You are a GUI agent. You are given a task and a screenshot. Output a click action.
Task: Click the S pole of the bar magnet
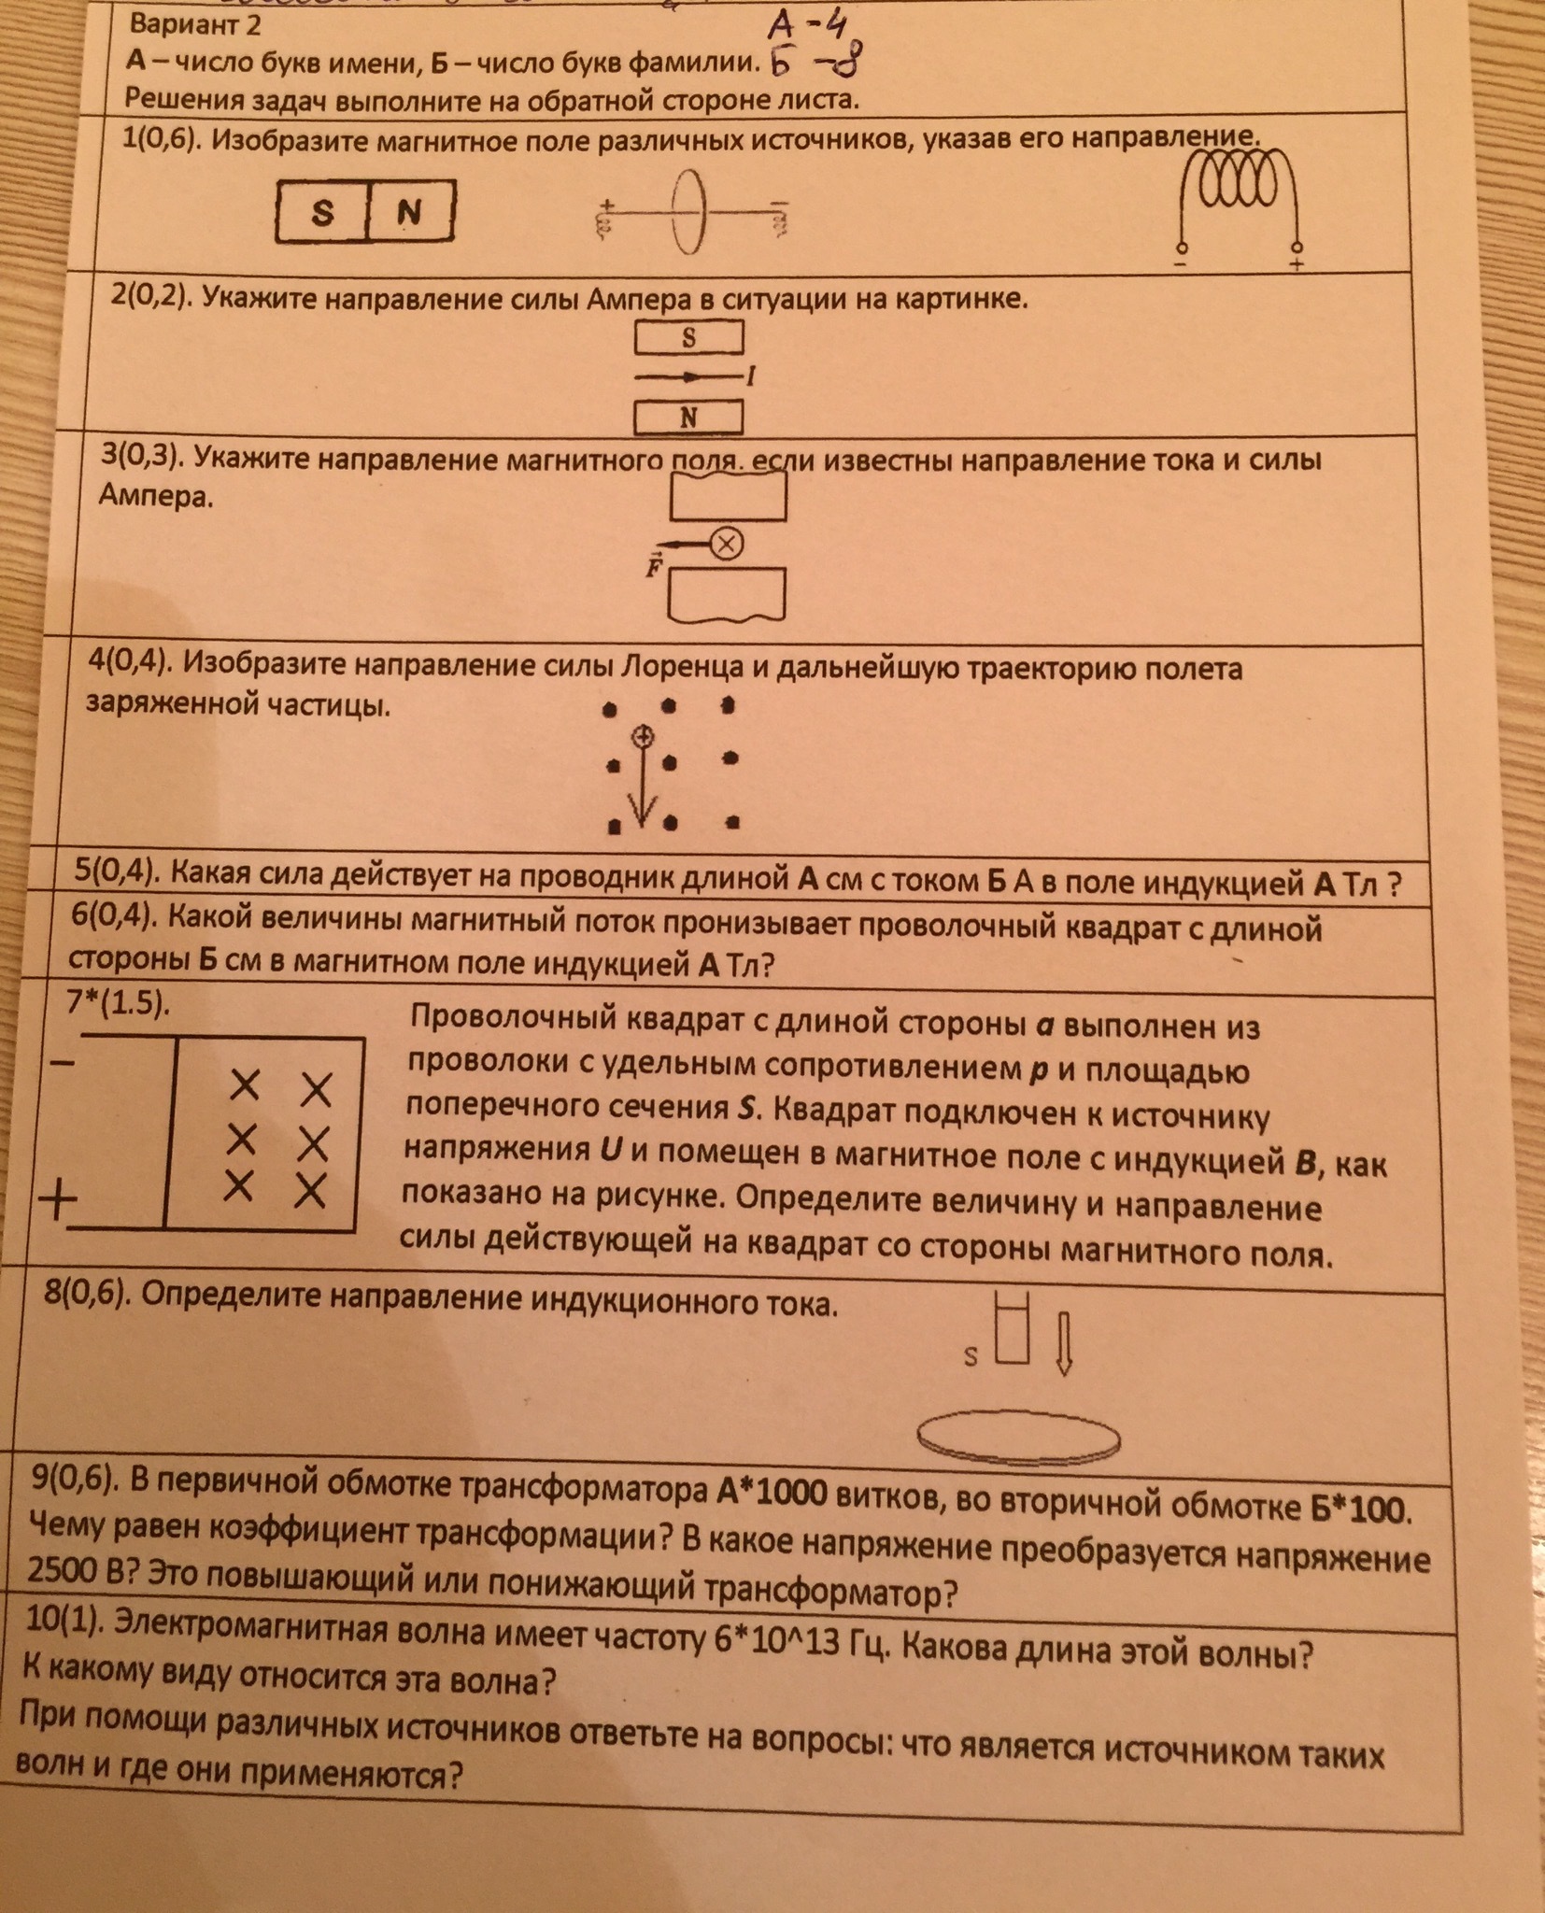tap(322, 212)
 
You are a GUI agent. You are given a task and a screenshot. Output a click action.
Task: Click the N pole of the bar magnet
tap(409, 212)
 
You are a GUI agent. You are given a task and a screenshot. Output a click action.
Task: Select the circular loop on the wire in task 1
tap(688, 211)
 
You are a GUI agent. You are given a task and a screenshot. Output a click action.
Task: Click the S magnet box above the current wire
tap(689, 337)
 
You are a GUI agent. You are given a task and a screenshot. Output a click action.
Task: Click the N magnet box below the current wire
tap(689, 418)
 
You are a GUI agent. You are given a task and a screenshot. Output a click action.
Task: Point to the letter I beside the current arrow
tap(750, 376)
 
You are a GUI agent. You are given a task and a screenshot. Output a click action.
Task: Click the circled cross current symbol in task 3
tap(726, 544)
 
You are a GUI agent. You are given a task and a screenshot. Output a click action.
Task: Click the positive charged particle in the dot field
tap(642, 737)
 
